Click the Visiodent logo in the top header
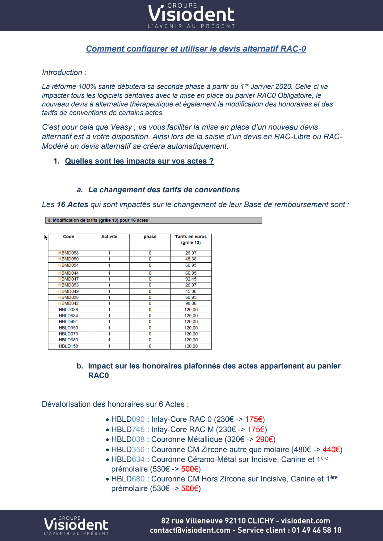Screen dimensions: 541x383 (191, 15)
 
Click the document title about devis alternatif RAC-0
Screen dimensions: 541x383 (196, 49)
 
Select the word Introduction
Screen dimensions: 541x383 (62, 73)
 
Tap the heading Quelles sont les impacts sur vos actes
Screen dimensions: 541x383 (139, 161)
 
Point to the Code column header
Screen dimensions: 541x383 (68, 237)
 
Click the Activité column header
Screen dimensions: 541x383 (109, 237)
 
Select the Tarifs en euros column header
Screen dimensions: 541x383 (191, 239)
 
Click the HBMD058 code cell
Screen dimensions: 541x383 (68, 253)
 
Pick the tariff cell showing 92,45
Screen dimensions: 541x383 (191, 279)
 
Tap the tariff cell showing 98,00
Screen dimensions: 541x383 (191, 303)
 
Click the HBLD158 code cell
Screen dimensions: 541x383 (68, 346)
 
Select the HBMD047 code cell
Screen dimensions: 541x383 (68, 279)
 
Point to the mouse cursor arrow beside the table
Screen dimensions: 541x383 (46, 237)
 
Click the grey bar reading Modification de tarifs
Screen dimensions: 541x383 (154, 220)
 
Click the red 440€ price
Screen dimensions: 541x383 (331, 450)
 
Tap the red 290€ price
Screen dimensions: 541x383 (264, 439)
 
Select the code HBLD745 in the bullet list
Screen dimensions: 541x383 (128, 430)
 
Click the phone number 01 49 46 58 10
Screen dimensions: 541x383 (317, 530)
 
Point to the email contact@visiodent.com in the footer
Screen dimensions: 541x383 (190, 530)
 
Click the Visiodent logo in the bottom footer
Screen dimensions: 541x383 (76, 525)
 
